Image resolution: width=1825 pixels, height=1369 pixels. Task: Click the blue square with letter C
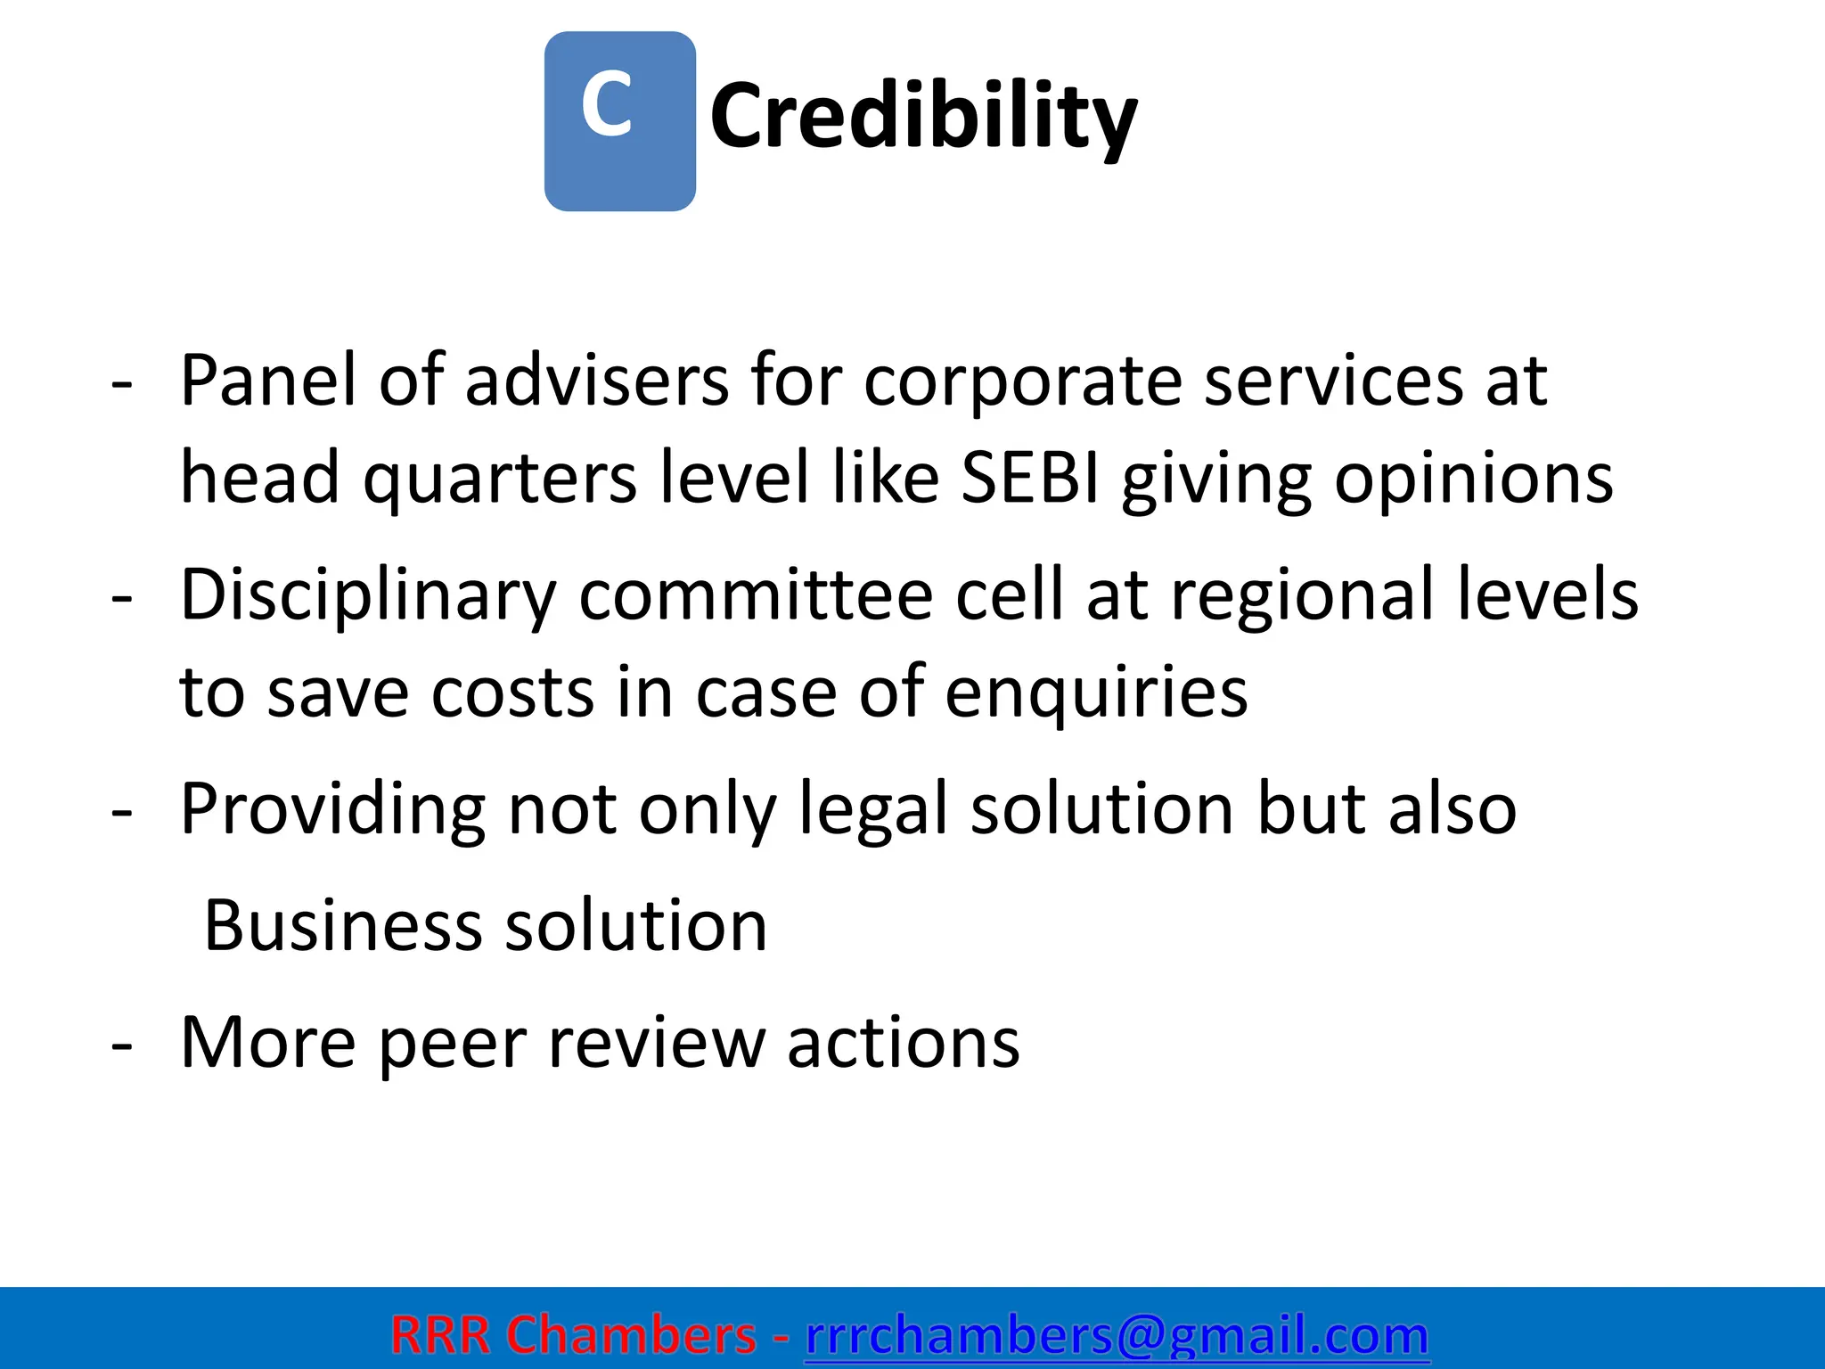(x=619, y=121)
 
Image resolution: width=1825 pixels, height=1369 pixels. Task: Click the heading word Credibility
(x=923, y=116)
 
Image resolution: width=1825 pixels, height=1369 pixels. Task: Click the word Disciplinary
(x=368, y=595)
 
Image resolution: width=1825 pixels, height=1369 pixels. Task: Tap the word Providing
(x=332, y=809)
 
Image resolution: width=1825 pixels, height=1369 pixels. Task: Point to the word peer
(x=452, y=1042)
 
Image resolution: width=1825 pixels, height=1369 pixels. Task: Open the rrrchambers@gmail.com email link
(x=1117, y=1335)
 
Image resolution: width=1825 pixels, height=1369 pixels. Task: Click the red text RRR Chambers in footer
(x=573, y=1335)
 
